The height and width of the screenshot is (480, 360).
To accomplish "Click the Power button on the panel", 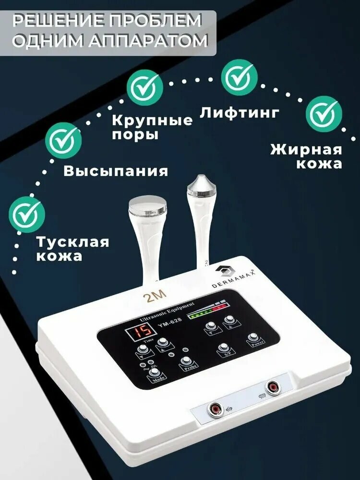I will [x=254, y=340].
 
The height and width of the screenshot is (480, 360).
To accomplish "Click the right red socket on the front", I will [x=274, y=386].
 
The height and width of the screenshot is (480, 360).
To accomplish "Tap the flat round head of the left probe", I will [x=148, y=208].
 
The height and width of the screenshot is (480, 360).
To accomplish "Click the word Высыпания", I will [x=116, y=171].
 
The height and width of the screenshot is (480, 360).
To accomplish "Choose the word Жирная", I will [x=306, y=149].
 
